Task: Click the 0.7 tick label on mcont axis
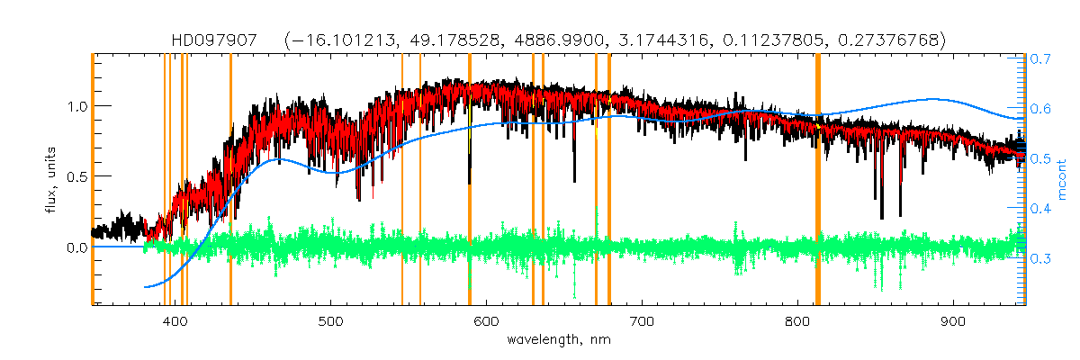[1041, 58]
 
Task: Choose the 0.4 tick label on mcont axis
[1041, 209]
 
